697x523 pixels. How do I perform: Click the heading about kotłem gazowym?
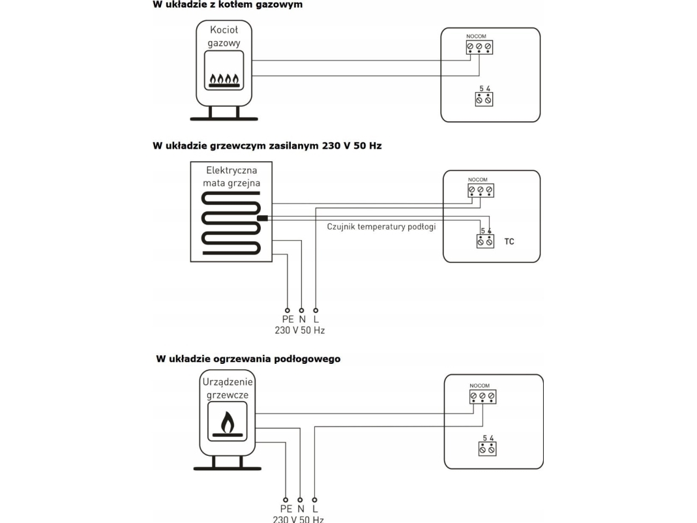click(x=228, y=5)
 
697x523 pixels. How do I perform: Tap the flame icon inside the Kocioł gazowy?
click(x=224, y=80)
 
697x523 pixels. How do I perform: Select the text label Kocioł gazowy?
click(x=224, y=36)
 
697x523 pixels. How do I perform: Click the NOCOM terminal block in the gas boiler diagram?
click(x=479, y=47)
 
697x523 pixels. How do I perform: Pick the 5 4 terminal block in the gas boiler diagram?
click(x=484, y=99)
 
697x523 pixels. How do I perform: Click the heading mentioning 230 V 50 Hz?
click(x=267, y=146)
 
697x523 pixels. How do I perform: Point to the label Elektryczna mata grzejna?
click(x=231, y=177)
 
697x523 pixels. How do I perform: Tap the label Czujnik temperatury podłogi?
click(x=381, y=227)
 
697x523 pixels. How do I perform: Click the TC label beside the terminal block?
click(x=509, y=241)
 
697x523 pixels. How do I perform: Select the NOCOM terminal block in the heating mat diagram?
click(x=481, y=190)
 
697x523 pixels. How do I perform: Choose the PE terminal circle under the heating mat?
click(x=287, y=310)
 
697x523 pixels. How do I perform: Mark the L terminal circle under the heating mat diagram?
click(x=316, y=310)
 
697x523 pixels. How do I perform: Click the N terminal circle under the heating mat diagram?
click(x=301, y=310)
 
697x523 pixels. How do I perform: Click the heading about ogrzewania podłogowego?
click(x=248, y=359)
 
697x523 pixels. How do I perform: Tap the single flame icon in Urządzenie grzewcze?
click(x=227, y=424)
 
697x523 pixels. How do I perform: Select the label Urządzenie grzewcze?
click(x=227, y=389)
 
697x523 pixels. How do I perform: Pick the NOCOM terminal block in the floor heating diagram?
click(x=482, y=396)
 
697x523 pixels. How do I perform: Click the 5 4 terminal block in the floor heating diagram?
click(x=487, y=449)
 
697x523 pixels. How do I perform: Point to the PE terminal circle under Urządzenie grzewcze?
click(x=286, y=500)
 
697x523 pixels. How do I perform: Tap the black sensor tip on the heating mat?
click(x=263, y=217)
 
